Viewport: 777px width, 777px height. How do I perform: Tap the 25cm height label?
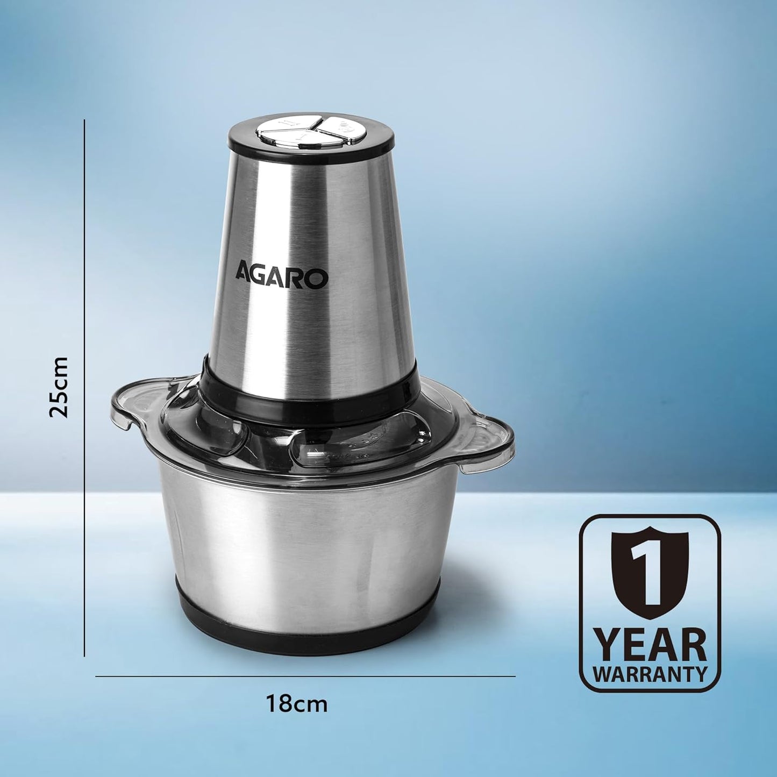pos(59,387)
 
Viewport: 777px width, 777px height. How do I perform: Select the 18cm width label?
pos(297,703)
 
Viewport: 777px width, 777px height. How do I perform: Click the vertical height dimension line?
pos(85,387)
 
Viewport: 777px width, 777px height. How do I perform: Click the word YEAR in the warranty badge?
pos(650,646)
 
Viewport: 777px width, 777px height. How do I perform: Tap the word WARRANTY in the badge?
pos(650,674)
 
